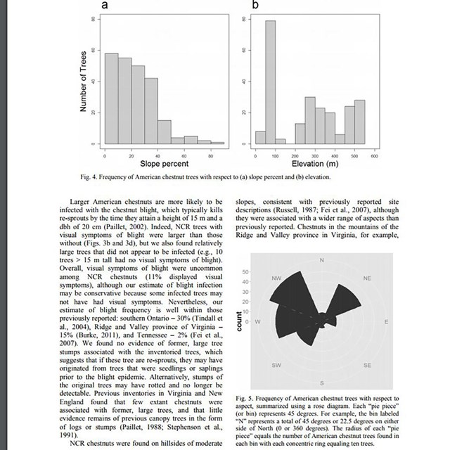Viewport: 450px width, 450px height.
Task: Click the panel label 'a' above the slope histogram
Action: click(105, 6)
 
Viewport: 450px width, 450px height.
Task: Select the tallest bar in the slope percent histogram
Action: click(111, 98)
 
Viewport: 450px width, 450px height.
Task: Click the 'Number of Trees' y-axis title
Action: click(83, 81)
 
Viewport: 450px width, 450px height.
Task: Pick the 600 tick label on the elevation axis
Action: click(375, 155)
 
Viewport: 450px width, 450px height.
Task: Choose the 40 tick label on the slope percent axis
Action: click(158, 155)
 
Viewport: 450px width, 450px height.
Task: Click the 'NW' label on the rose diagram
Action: click(276, 278)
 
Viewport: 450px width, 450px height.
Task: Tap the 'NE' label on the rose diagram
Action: click(367, 278)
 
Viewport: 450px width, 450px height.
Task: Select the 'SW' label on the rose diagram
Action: click(276, 366)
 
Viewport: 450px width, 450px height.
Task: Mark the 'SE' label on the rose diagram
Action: click(367, 366)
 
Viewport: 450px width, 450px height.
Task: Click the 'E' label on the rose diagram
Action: click(386, 322)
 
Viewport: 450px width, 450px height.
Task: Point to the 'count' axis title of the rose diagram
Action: click(239, 323)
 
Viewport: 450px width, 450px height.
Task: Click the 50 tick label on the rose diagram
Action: click(245, 271)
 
